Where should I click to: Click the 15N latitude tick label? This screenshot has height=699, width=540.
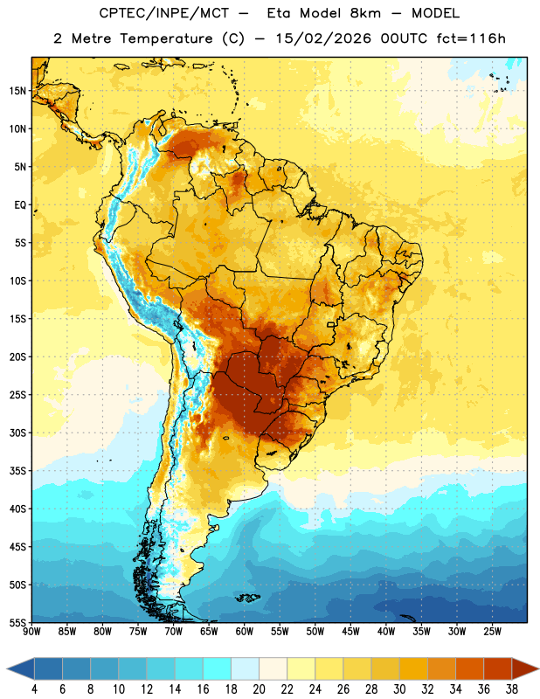click(17, 91)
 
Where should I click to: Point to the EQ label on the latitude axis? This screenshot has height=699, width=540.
click(20, 205)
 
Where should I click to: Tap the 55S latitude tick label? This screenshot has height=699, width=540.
click(17, 622)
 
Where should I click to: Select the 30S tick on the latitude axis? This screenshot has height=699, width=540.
click(17, 433)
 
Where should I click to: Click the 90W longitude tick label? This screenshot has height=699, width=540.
click(31, 631)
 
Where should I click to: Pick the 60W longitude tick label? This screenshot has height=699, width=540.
click(245, 631)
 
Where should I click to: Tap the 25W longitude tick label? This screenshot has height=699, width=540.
click(492, 631)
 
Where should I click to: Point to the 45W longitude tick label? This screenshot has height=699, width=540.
click(350, 631)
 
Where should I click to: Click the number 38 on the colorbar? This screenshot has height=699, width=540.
click(512, 689)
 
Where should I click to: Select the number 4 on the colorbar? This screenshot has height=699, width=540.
click(34, 689)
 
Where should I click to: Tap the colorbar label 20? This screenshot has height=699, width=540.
click(259, 689)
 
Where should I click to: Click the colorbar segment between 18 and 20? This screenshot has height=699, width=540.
click(246, 669)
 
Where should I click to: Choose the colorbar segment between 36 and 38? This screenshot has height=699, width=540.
click(498, 669)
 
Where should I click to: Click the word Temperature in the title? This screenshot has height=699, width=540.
click(166, 38)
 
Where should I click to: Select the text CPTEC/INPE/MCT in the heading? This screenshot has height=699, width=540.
click(163, 13)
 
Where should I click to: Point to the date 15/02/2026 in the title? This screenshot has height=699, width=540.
click(323, 38)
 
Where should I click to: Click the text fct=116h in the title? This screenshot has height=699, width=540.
click(471, 38)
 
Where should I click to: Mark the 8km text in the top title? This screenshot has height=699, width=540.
click(365, 13)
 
